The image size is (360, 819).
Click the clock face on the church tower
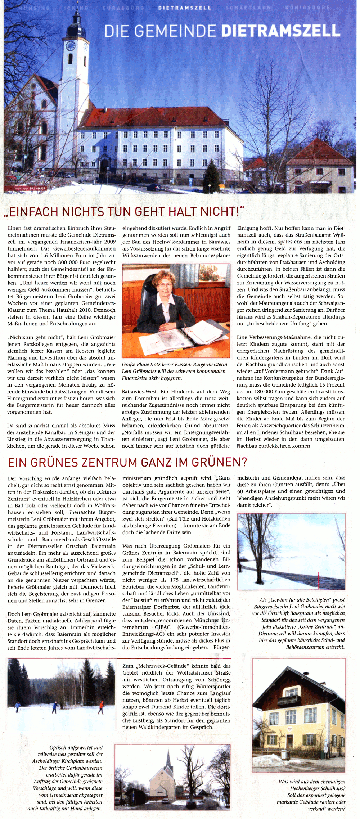[x=71, y=46]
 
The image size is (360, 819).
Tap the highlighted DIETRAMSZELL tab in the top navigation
[x=185, y=8]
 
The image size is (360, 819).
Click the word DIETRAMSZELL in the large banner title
[x=281, y=31]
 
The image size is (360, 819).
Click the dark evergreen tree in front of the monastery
[x=211, y=177]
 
